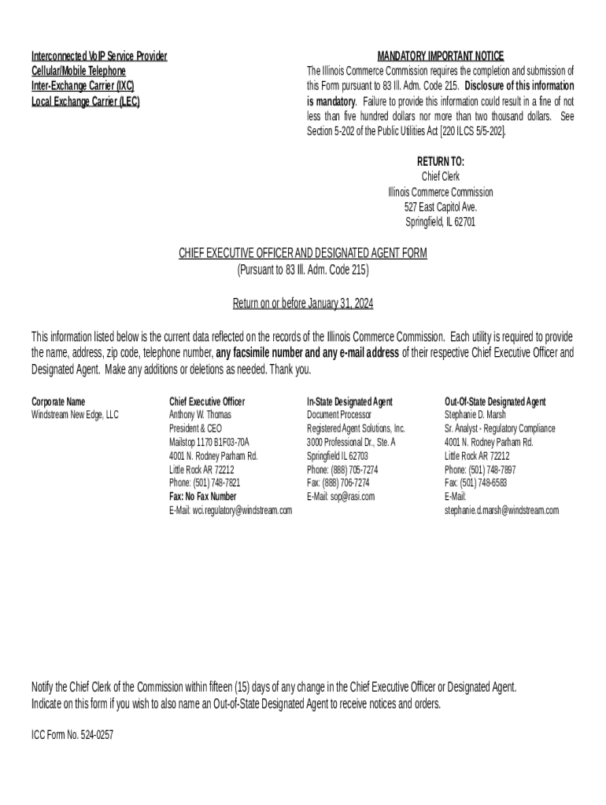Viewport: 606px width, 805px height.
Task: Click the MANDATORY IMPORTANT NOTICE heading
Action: coord(440,56)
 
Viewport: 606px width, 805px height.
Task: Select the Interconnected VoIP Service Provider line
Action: coord(99,56)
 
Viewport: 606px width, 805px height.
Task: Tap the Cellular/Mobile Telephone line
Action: coord(78,71)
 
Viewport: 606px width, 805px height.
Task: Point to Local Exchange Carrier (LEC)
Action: coord(85,101)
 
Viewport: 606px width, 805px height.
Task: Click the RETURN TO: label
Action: coord(440,162)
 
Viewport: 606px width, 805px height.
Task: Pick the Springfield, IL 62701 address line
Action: coord(440,222)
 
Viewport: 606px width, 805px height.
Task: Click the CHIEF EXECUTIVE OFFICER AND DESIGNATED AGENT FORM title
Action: coord(303,253)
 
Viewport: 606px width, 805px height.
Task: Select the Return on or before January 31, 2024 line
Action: coord(303,303)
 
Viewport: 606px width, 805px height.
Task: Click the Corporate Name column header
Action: coord(58,402)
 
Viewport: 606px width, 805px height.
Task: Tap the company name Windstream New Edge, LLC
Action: coord(75,414)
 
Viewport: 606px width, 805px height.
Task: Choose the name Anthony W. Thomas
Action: coord(201,414)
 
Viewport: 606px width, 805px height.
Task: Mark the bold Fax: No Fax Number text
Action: coord(202,497)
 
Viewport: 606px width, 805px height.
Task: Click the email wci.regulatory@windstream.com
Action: coord(231,510)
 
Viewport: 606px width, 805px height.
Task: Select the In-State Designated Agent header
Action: coord(349,402)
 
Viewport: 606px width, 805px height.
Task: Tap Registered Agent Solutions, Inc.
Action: coord(356,428)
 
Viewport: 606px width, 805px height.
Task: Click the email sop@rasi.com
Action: coord(341,497)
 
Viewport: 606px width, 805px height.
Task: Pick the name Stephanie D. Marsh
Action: coord(475,414)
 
